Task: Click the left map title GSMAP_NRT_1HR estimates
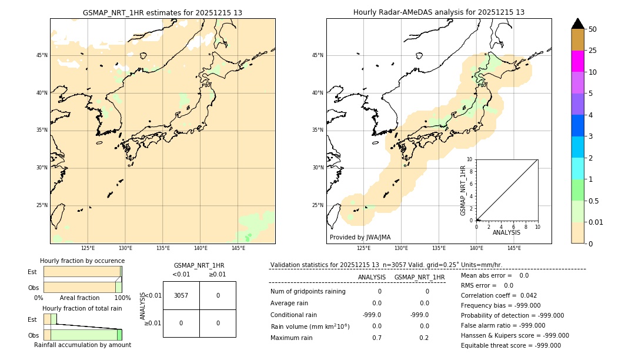click(162, 12)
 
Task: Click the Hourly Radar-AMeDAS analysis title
click(439, 12)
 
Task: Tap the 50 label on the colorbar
click(593, 29)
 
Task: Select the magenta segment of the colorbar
click(577, 61)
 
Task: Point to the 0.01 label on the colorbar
click(596, 222)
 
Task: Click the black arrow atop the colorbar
click(577, 24)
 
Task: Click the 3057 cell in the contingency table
click(181, 295)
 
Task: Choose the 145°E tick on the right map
click(514, 248)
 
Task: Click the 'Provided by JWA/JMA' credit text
click(360, 238)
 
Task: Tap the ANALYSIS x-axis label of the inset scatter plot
click(506, 233)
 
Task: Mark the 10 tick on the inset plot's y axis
click(470, 159)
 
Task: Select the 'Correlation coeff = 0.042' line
click(499, 295)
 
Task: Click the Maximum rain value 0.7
click(376, 338)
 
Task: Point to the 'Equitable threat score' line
click(510, 345)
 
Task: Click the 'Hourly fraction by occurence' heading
click(82, 261)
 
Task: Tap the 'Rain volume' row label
click(310, 326)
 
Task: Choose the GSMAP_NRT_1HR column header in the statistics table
click(419, 277)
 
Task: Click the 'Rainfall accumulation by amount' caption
click(82, 345)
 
